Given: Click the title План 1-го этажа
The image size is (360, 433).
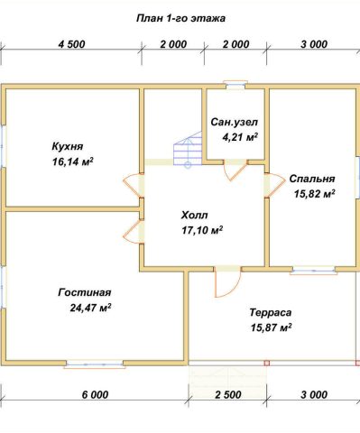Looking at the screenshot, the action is pos(180,19).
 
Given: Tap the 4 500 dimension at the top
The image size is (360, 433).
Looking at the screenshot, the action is pos(71,44).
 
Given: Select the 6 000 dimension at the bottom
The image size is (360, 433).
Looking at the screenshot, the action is pos(95,394).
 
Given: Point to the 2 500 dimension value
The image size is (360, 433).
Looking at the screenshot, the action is pos(228,394).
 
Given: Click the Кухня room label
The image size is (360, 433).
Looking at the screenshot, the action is pos(68,147).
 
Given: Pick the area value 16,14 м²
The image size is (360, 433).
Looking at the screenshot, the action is pos(72,161).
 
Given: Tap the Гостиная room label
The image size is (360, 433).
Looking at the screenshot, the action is pos(85,292).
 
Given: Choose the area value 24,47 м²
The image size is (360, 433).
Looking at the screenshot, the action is pos(90,308).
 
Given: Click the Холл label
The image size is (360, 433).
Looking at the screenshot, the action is pos(194,216).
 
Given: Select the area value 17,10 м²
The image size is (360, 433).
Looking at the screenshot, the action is pos(202,230).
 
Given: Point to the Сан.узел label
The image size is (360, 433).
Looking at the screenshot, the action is pos(235,123).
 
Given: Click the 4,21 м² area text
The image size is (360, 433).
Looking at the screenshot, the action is pos(240,137).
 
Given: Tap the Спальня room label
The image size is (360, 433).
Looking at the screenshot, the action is pos(312,179).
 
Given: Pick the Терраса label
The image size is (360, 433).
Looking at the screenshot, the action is pos(271,313).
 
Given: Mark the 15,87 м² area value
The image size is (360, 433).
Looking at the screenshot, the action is pos(271,327).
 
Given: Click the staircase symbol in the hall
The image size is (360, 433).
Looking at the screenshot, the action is pos(187,150).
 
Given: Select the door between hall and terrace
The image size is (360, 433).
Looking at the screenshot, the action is pos(227,282).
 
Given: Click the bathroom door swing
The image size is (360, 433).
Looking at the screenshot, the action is pos(235,170).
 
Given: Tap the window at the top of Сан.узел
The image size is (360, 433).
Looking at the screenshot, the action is pos(236,85).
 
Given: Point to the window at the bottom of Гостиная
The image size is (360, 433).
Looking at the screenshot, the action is pos(95,364).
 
